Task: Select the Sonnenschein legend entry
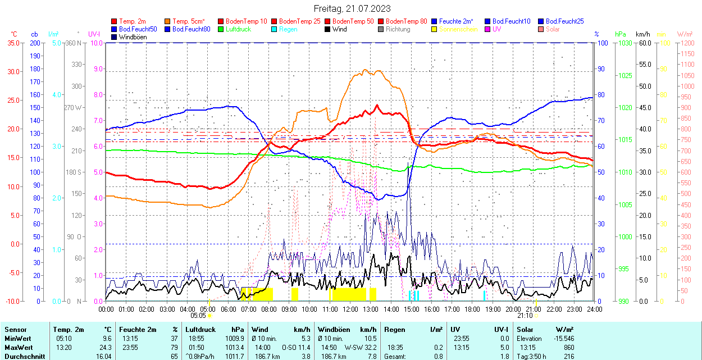(x=458, y=29)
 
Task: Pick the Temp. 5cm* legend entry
(x=189, y=21)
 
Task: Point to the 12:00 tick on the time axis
(x=350, y=309)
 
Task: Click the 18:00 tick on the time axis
(x=472, y=309)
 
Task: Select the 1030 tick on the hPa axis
(x=623, y=43)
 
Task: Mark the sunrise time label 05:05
(x=198, y=316)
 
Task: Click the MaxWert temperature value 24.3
(x=106, y=347)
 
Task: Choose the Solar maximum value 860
(x=569, y=347)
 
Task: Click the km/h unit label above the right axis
(x=643, y=34)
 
